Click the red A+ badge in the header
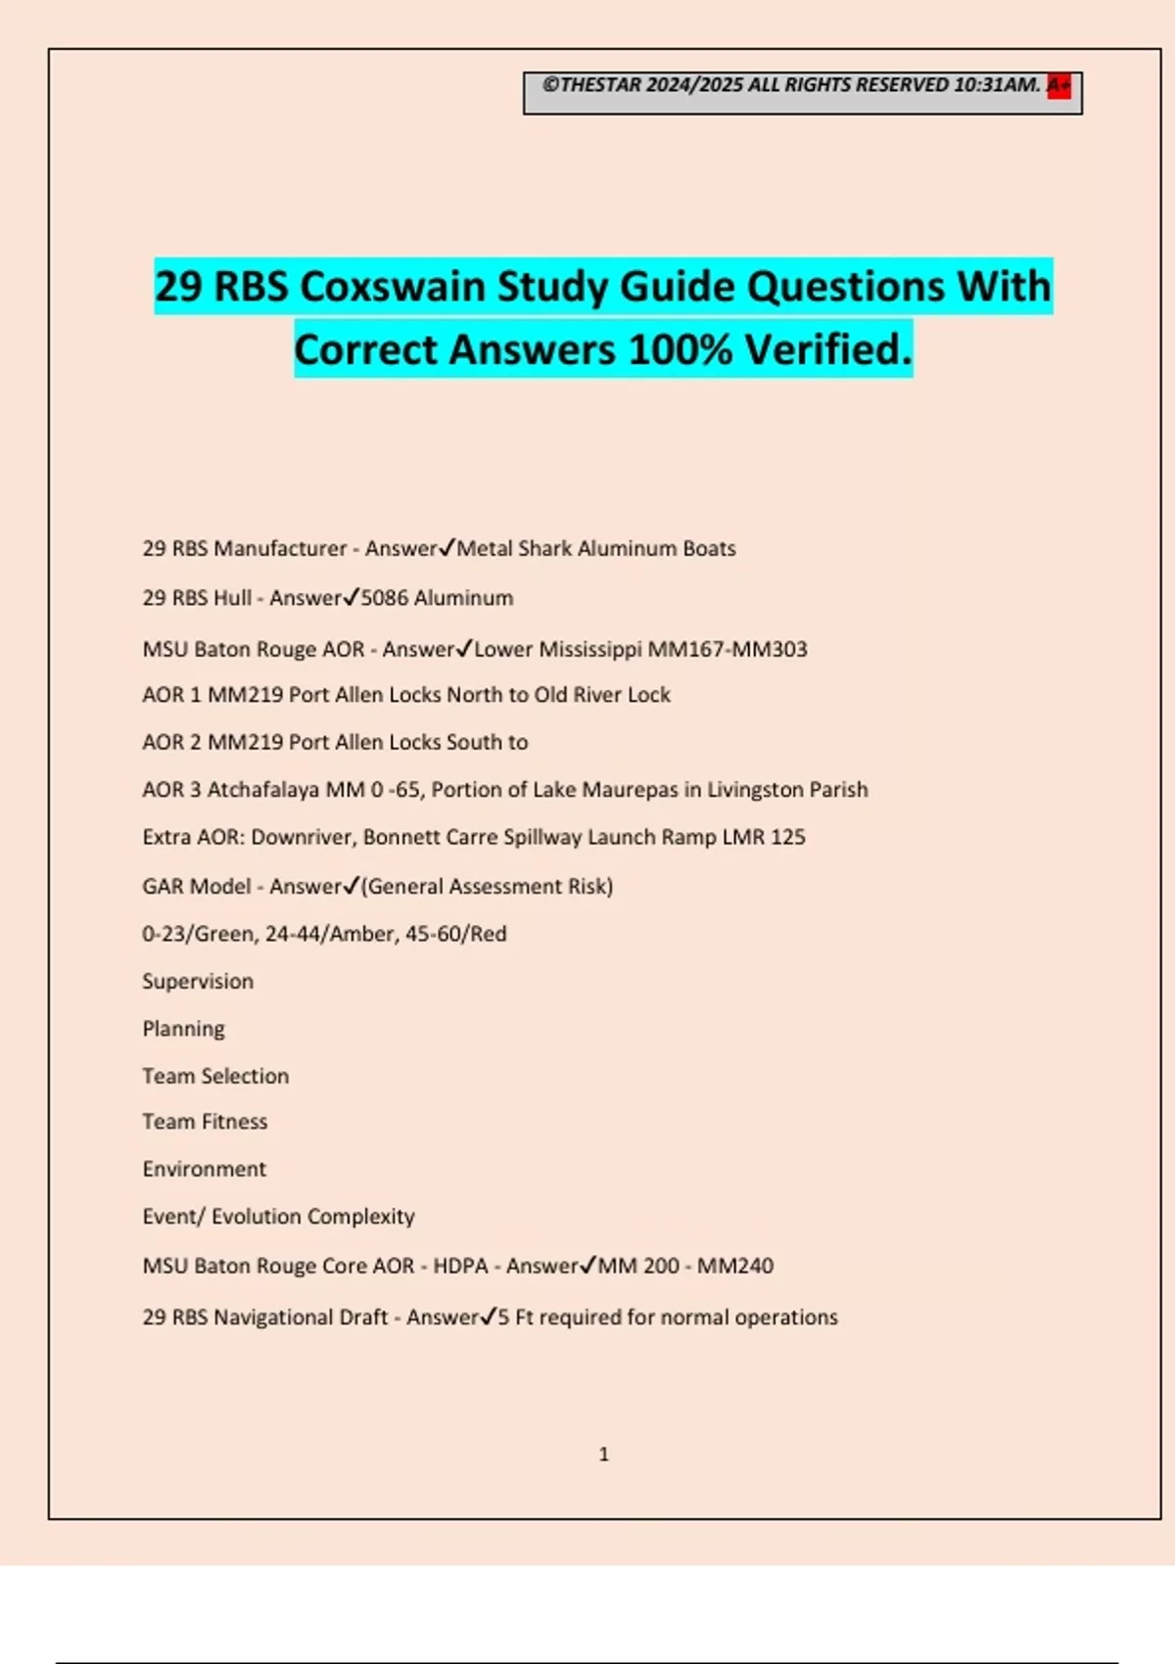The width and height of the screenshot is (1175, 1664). [x=1058, y=86]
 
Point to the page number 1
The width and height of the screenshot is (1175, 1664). [x=603, y=1455]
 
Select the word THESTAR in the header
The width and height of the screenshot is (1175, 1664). [x=600, y=85]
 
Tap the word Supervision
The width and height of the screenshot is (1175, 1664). [x=198, y=982]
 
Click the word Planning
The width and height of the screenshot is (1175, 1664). [x=183, y=1029]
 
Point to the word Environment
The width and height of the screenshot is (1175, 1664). [x=204, y=1169]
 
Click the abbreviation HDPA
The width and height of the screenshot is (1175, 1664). [x=460, y=1266]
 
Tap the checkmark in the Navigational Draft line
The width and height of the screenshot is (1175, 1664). [x=489, y=1317]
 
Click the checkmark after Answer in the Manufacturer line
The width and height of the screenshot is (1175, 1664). [x=447, y=547]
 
